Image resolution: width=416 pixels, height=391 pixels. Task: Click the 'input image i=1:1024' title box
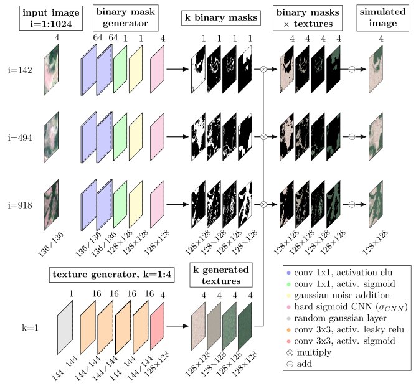(51, 18)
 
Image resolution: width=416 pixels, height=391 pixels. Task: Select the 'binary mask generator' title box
(126, 17)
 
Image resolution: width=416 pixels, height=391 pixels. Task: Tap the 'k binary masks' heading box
(221, 18)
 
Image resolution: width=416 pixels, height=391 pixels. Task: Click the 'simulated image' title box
(382, 17)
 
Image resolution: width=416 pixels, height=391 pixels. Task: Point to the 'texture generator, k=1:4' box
(111, 275)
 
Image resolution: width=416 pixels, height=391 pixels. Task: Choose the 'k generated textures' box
(221, 275)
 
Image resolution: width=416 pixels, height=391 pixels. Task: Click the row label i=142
(20, 70)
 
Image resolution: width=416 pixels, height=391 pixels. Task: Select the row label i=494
(20, 138)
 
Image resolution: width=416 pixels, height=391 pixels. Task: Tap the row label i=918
(20, 205)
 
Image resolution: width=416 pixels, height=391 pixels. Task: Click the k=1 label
(30, 328)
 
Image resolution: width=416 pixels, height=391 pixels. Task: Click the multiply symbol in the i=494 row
(263, 137)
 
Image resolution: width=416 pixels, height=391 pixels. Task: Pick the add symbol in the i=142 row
(351, 69)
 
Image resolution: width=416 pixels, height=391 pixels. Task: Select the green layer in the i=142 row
(120, 69)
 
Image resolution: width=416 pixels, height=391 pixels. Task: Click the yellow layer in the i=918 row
(136, 204)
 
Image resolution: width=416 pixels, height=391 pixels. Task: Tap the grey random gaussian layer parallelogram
(65, 327)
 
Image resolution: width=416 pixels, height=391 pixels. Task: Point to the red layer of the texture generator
(158, 326)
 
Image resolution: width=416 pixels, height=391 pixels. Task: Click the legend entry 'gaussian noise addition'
(338, 295)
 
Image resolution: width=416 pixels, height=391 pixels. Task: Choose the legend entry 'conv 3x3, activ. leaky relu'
(346, 329)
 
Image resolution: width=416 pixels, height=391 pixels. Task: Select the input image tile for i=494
(51, 138)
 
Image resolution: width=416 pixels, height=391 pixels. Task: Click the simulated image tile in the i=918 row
(376, 204)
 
